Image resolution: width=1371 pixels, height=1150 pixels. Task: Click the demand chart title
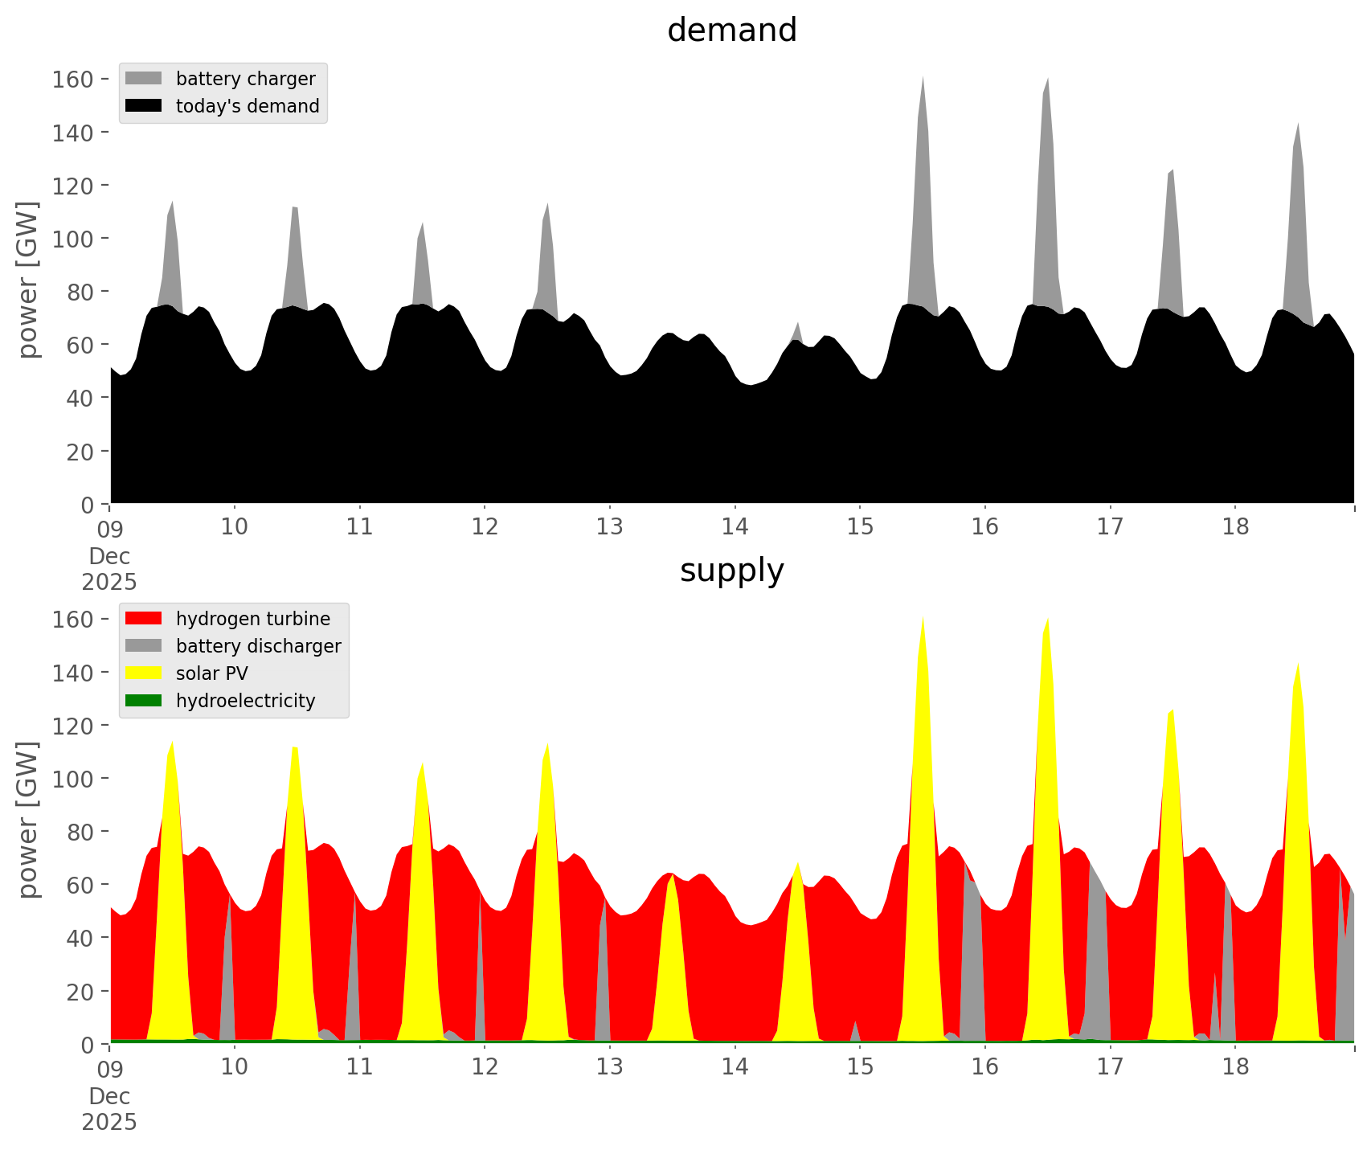pyautogui.click(x=731, y=31)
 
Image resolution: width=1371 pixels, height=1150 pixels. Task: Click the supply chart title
pyautogui.click(x=731, y=571)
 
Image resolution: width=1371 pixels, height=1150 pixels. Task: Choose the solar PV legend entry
pyautogui.click(x=211, y=673)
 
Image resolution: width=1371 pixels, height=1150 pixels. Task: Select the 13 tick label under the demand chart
pyautogui.click(x=610, y=527)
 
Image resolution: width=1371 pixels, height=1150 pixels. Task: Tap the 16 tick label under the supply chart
pyautogui.click(x=985, y=1067)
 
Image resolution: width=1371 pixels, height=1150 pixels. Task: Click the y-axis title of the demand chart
pyautogui.click(x=28, y=280)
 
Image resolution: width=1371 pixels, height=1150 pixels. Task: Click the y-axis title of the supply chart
pyautogui.click(x=28, y=820)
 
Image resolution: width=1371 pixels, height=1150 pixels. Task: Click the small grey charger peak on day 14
pyautogui.click(x=797, y=329)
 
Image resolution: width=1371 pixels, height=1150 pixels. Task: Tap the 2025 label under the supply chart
pyautogui.click(x=109, y=1122)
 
